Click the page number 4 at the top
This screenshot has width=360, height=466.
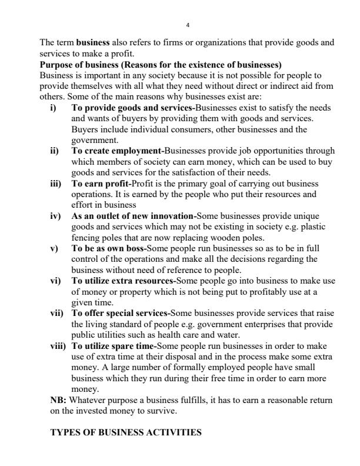(x=187, y=25)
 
